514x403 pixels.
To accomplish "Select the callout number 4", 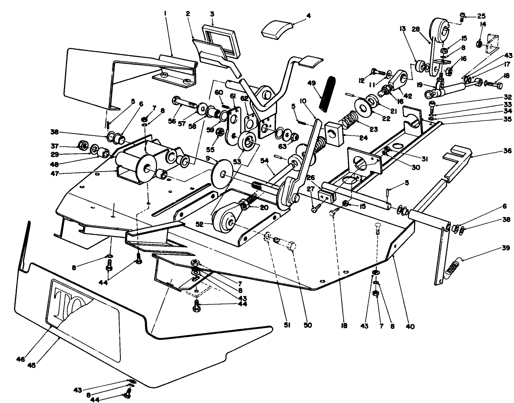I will point(308,16).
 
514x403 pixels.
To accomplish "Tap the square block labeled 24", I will point(335,132).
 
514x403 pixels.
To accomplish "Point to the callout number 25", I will point(481,16).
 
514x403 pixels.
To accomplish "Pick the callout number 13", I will point(402,29).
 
